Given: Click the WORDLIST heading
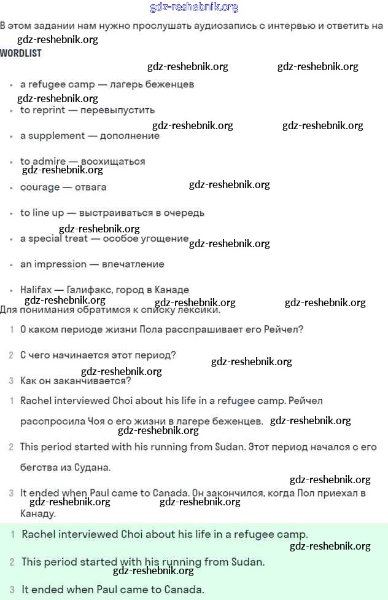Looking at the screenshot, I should (x=21, y=53).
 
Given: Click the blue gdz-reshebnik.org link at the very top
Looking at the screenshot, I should (x=194, y=7).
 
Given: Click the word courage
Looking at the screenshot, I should (x=39, y=187).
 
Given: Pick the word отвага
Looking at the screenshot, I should (x=90, y=187).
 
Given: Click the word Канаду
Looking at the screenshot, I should (x=38, y=513).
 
